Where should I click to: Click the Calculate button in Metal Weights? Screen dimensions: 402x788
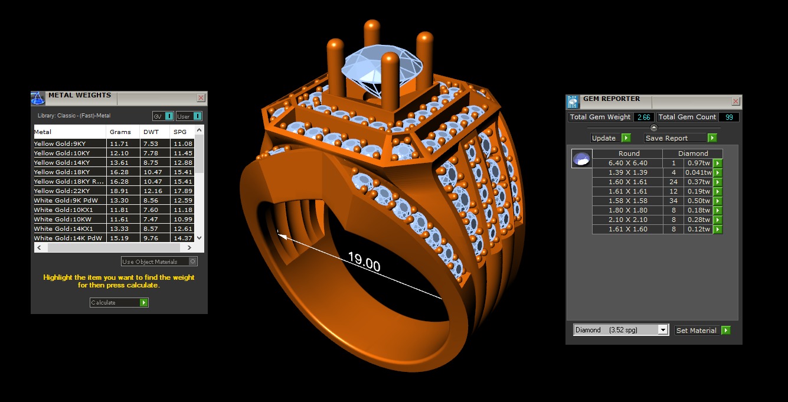point(119,302)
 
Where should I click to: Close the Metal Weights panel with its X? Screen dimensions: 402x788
point(201,98)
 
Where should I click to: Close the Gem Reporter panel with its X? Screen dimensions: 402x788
point(735,102)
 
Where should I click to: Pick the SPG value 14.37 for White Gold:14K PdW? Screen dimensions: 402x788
point(182,238)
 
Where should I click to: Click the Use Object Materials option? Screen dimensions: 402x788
point(159,262)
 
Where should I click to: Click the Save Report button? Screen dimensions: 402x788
point(680,138)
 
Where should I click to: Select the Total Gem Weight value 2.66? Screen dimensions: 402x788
point(643,117)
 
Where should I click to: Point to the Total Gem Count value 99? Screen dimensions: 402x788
point(729,117)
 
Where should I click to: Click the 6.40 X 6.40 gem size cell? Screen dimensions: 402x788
point(627,163)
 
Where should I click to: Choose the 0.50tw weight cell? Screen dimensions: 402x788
point(698,201)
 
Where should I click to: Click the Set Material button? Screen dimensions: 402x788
point(702,331)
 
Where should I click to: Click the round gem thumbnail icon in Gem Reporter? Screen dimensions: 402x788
point(581,159)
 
